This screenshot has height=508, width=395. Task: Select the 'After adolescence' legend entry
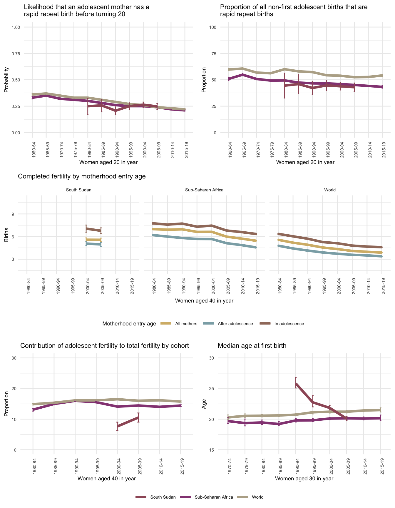coord(235,324)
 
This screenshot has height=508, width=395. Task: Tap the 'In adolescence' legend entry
coord(289,324)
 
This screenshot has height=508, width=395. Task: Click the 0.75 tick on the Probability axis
coord(16,54)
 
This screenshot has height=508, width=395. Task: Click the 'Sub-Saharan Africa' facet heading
coord(204,190)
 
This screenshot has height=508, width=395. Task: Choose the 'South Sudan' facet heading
coord(78,190)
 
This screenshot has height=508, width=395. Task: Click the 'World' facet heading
coord(330,190)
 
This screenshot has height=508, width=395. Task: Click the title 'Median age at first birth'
coord(252,346)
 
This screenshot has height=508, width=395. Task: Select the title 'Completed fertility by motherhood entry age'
coord(82,176)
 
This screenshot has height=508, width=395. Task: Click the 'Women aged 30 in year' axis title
coord(304,479)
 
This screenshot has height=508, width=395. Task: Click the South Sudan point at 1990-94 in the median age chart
coord(296,383)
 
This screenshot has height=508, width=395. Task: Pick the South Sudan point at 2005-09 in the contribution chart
coord(138,417)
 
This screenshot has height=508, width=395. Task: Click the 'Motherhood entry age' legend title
coord(129,324)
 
